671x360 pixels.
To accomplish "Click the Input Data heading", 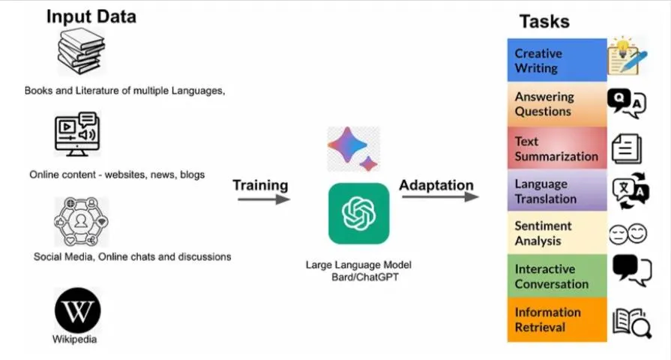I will [x=91, y=16].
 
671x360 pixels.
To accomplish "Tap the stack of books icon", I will [x=81, y=51].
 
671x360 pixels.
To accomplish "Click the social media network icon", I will [x=80, y=222].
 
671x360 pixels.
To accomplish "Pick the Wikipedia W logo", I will [x=77, y=310].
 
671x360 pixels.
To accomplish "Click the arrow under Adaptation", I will [x=440, y=197].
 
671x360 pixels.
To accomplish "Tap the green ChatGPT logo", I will [x=358, y=214].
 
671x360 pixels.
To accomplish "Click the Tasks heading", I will [x=544, y=20].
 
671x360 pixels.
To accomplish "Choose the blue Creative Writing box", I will [x=556, y=60].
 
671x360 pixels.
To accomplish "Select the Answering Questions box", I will [x=556, y=103].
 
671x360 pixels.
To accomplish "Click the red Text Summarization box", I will [x=556, y=148].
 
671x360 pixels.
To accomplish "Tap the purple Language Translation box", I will [x=556, y=190].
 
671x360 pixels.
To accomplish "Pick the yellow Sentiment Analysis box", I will [x=556, y=232].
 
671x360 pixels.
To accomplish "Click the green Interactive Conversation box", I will [x=556, y=276].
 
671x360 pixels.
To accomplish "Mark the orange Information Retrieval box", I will [x=556, y=319].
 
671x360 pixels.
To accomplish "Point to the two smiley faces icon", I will [x=628, y=233].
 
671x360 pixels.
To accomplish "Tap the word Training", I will [x=260, y=184].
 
